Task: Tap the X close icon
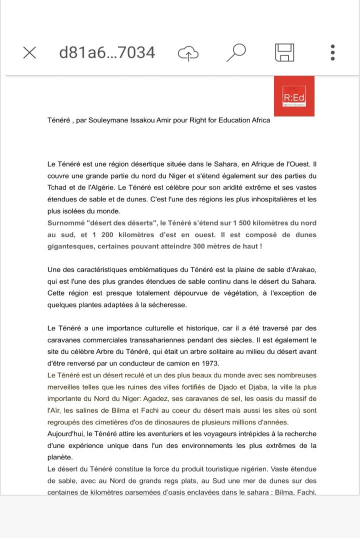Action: (x=29, y=52)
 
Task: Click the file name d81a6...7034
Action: (x=107, y=52)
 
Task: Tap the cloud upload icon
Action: (x=188, y=53)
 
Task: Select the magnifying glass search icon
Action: (x=236, y=52)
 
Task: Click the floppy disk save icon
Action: (x=284, y=52)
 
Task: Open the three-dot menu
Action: (x=332, y=52)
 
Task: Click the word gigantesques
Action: (x=68, y=246)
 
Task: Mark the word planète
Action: (x=60, y=457)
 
